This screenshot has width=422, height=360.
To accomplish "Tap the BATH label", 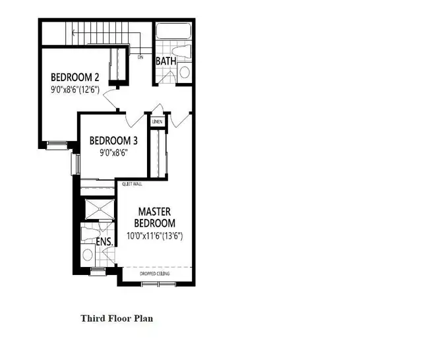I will click(165, 61).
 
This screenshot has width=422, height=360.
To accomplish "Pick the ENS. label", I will click(105, 242).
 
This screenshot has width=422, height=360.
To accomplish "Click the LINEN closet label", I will click(157, 122).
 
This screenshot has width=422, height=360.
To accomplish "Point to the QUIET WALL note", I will click(132, 185).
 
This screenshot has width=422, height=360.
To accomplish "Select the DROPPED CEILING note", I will click(155, 273).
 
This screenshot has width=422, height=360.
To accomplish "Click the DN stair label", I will click(140, 57).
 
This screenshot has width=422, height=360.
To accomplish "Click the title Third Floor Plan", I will click(117, 318).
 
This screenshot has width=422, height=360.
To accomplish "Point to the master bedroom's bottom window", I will click(159, 285).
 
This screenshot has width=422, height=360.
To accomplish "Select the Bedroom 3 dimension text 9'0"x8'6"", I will click(108, 152).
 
